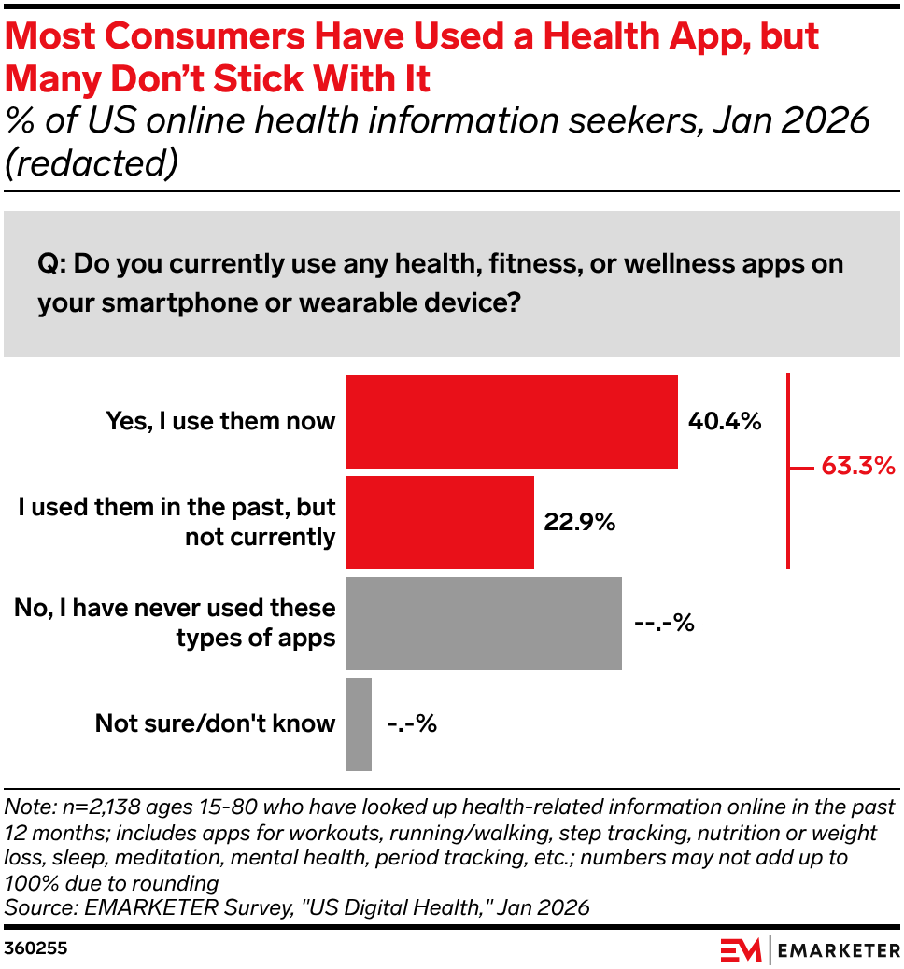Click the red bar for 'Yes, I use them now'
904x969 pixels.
coord(511,421)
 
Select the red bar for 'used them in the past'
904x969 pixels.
coord(439,523)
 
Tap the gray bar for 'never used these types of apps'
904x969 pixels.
coord(483,623)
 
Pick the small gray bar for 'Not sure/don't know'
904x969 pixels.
coord(359,724)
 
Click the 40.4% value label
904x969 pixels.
coord(725,422)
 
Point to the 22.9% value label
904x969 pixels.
coord(579,523)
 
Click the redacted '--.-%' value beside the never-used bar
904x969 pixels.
coord(664,623)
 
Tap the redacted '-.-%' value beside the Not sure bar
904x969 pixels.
coord(411,723)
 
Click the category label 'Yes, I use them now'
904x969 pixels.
coord(220,421)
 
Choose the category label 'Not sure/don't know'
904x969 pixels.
coord(215,723)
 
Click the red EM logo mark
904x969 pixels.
coord(741,949)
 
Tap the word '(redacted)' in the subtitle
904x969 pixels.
coord(92,162)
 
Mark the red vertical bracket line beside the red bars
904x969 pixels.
coord(789,471)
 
